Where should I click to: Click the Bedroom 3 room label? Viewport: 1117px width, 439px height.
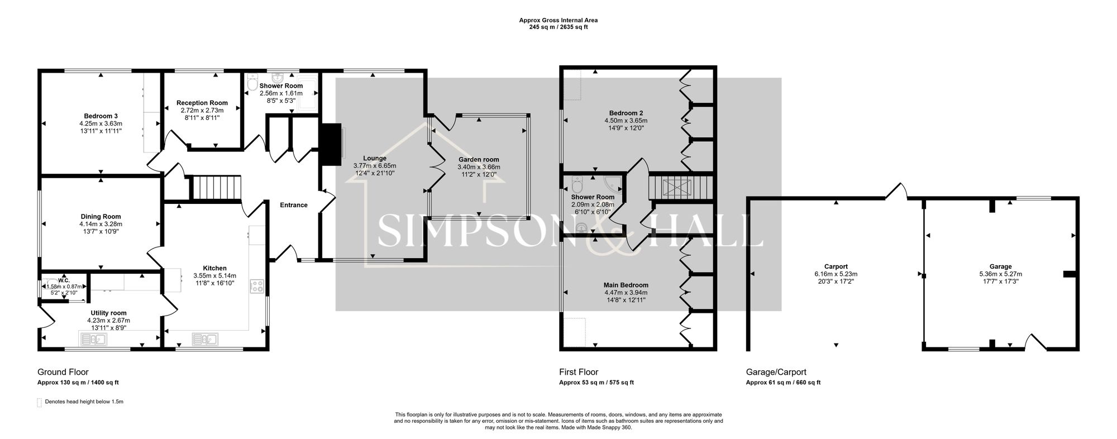click(101, 116)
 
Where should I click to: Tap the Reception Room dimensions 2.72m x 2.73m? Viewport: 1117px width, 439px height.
click(202, 111)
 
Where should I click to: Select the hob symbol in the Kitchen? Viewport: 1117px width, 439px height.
click(257, 286)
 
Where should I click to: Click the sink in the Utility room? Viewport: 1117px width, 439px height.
click(93, 339)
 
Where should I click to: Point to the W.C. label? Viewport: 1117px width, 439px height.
click(63, 280)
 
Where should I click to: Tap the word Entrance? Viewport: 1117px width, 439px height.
click(294, 205)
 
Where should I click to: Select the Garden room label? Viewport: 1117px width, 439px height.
click(479, 160)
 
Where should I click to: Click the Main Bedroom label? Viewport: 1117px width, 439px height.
click(626, 285)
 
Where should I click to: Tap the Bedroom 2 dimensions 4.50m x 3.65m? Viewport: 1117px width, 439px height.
click(626, 121)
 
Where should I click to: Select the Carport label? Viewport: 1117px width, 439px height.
click(836, 266)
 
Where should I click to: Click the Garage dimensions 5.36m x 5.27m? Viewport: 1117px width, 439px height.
click(1000, 274)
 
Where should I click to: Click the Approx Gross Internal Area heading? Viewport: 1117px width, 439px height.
click(558, 20)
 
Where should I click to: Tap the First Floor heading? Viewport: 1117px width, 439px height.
click(579, 372)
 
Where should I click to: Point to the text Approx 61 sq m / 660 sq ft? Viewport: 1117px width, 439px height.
click(783, 383)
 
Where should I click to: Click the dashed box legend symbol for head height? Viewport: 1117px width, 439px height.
click(39, 402)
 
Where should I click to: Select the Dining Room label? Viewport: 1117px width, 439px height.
click(101, 217)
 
